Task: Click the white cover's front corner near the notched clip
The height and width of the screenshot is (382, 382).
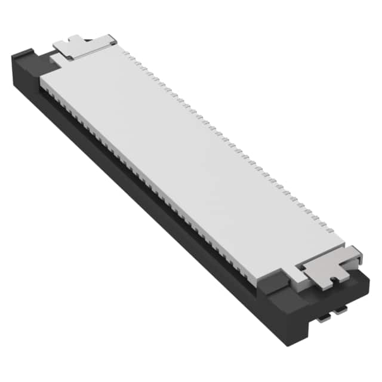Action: click(263, 276)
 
